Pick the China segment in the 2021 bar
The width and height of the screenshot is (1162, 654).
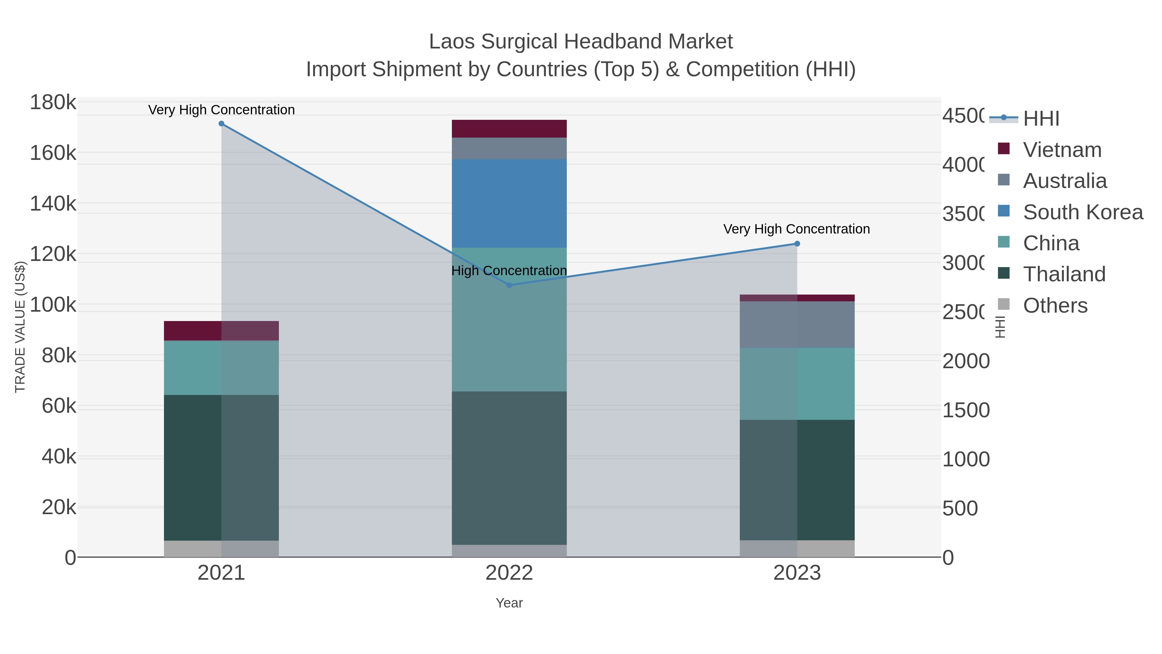[221, 368]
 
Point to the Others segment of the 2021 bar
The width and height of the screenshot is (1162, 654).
[221, 548]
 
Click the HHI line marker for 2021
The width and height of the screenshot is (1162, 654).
[221, 124]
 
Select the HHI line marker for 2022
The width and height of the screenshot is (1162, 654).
[509, 285]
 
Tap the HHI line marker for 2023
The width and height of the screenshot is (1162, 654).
[797, 244]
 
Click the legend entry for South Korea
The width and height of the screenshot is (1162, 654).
[1083, 212]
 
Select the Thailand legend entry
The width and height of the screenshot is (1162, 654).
[1064, 275]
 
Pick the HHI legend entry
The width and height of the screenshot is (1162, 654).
[1040, 119]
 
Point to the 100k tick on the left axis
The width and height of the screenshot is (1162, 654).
[53, 305]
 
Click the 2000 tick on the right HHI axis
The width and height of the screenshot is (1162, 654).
[965, 361]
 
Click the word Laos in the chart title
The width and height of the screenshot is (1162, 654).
[452, 42]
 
